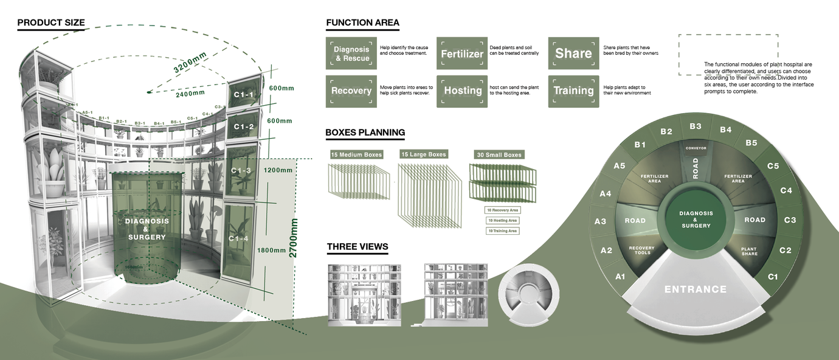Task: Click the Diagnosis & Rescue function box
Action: (x=351, y=54)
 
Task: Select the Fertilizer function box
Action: (x=462, y=54)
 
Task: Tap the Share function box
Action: (x=573, y=54)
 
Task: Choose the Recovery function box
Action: (x=351, y=91)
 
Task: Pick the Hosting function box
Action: (x=462, y=91)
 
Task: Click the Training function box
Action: (x=573, y=91)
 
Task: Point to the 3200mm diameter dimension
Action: (x=190, y=63)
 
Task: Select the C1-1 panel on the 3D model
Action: (x=244, y=95)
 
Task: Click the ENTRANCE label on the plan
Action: (x=696, y=289)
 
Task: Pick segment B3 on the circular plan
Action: (x=696, y=126)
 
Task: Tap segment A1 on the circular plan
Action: (x=620, y=277)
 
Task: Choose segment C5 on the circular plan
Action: (x=773, y=166)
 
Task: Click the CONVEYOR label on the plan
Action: (x=696, y=148)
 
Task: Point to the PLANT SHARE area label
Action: (x=750, y=251)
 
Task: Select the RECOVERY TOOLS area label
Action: (x=641, y=251)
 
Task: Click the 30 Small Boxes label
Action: (x=499, y=155)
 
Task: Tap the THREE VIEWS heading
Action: (x=357, y=247)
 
